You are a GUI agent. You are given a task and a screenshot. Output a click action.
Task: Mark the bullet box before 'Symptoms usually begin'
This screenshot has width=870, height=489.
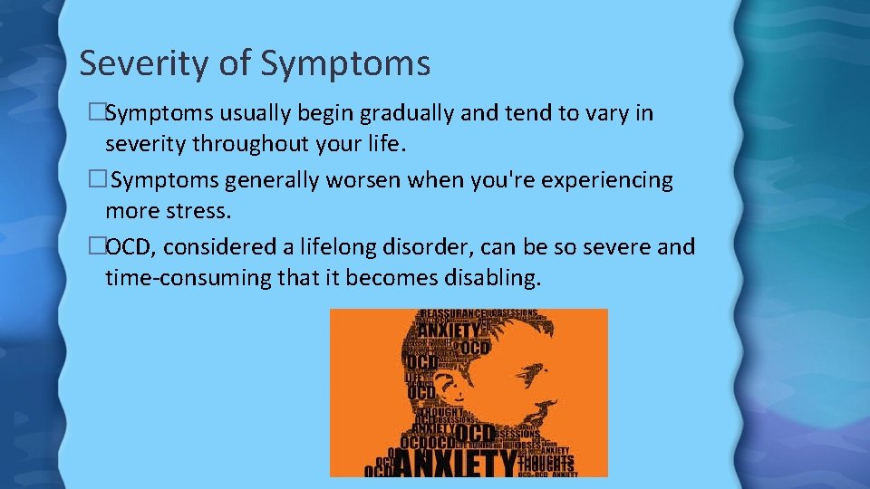[x=97, y=114]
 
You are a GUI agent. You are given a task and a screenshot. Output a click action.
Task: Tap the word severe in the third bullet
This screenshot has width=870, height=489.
[x=616, y=246]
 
